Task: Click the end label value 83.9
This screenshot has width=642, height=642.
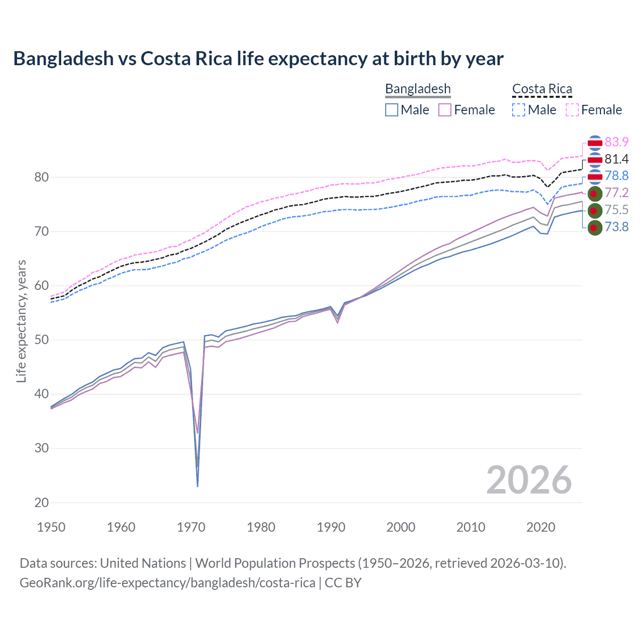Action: [x=616, y=142]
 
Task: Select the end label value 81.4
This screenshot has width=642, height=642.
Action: [x=616, y=159]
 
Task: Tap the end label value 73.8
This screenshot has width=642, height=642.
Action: [x=616, y=227]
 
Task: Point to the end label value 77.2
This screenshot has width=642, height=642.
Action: [x=616, y=193]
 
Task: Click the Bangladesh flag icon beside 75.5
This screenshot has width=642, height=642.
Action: [x=594, y=211]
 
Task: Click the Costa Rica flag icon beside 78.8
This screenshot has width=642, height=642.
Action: [x=594, y=176]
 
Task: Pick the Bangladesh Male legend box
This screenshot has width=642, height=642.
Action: [x=392, y=110]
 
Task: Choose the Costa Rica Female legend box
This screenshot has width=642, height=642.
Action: [x=572, y=110]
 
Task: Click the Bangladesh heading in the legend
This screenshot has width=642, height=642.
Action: [x=418, y=89]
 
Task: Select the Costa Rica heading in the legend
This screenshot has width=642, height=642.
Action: [x=542, y=89]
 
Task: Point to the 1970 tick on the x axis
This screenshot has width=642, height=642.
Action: [x=191, y=527]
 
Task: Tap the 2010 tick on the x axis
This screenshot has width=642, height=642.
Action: [x=470, y=527]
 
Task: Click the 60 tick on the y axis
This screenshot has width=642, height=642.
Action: [x=42, y=286]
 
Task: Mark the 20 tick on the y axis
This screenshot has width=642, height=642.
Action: [x=42, y=503]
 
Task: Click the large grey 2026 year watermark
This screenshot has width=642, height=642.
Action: [x=529, y=480]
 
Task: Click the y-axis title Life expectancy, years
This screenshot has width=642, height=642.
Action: [x=21, y=321]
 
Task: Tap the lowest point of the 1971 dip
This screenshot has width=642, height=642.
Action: [x=198, y=486]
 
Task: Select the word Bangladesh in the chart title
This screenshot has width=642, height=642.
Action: [x=64, y=59]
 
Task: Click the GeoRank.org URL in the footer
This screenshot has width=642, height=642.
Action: [x=168, y=583]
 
